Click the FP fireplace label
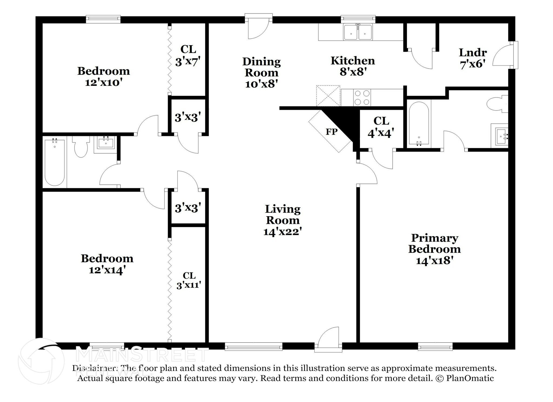[x=331, y=132]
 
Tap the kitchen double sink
[x=358, y=32]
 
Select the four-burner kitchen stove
[x=362, y=97]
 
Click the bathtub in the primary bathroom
[x=419, y=124]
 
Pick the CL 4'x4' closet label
[x=381, y=127]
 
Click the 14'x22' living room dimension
[x=282, y=232]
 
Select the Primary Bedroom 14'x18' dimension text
[x=434, y=261]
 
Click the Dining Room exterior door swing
[x=258, y=28]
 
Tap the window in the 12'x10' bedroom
[x=103, y=19]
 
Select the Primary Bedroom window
[x=435, y=346]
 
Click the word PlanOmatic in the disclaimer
[x=470, y=378]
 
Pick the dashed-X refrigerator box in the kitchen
[x=328, y=96]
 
